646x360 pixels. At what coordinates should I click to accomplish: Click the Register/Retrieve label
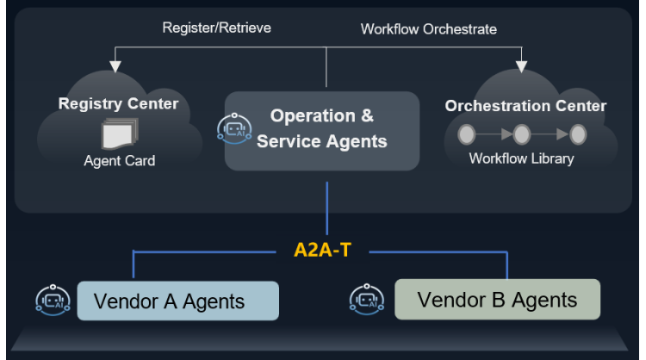[216, 28]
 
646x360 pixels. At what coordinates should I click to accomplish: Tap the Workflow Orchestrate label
[428, 28]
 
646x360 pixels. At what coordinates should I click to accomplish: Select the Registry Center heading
[118, 104]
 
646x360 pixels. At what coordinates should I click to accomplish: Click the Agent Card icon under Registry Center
[118, 134]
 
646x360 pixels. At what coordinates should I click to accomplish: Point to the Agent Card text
[119, 161]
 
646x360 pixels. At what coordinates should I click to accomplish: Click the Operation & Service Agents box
[322, 129]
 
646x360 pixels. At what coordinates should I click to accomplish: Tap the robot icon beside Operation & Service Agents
[234, 129]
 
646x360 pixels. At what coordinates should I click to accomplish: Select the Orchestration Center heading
[525, 106]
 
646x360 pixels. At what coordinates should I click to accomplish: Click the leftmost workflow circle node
[467, 134]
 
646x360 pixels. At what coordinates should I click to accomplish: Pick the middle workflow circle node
[521, 134]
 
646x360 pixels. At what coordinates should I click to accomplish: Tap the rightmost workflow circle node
[578, 134]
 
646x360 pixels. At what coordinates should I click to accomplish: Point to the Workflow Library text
[521, 158]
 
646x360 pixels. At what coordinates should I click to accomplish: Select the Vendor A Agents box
[178, 301]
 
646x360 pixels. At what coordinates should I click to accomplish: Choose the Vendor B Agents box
[497, 299]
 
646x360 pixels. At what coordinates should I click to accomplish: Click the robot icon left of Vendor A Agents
[53, 299]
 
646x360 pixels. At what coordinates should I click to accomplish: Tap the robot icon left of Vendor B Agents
[367, 299]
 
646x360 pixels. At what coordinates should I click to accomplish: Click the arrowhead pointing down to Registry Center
[113, 68]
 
